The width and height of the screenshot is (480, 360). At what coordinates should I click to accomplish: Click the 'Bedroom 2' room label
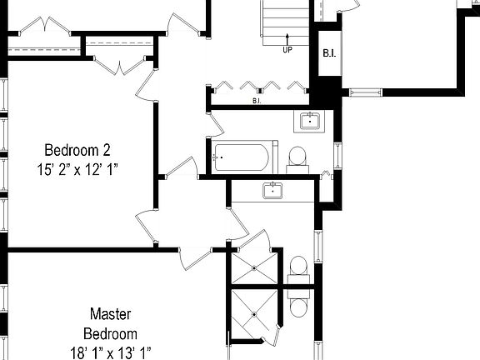(77, 150)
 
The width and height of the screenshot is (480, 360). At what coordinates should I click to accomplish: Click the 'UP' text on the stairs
(287, 48)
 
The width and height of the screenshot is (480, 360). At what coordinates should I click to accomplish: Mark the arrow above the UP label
(287, 37)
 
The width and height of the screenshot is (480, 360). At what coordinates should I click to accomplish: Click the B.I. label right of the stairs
(329, 54)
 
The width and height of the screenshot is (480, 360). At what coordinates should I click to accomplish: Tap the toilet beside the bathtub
(297, 157)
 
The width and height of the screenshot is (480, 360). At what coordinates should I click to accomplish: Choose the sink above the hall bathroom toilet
(310, 122)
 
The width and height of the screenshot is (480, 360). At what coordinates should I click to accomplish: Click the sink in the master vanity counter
(273, 191)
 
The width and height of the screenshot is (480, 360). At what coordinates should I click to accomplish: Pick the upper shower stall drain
(254, 269)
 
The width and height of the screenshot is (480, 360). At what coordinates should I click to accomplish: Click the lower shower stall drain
(254, 314)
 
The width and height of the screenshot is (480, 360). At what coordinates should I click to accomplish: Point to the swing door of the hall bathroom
(215, 125)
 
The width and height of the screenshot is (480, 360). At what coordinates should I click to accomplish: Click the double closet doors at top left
(40, 27)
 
